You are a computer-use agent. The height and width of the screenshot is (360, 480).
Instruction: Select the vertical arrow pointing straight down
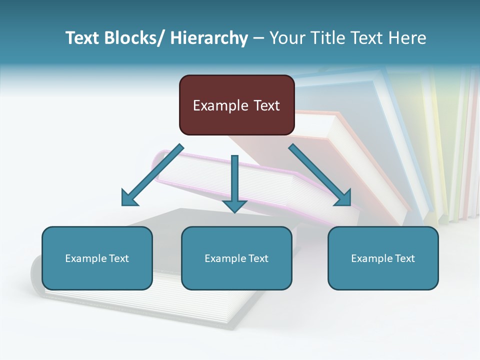[234, 182]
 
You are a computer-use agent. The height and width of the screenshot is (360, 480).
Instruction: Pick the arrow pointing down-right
[320, 175]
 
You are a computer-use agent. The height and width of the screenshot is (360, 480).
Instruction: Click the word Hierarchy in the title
[209, 38]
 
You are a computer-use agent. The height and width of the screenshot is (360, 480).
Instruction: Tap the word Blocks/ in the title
[134, 38]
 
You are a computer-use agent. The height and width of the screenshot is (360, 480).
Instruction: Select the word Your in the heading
[287, 38]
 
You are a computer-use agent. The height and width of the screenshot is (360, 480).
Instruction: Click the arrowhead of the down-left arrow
[129, 197]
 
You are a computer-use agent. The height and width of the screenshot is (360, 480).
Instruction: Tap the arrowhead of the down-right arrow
[343, 197]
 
